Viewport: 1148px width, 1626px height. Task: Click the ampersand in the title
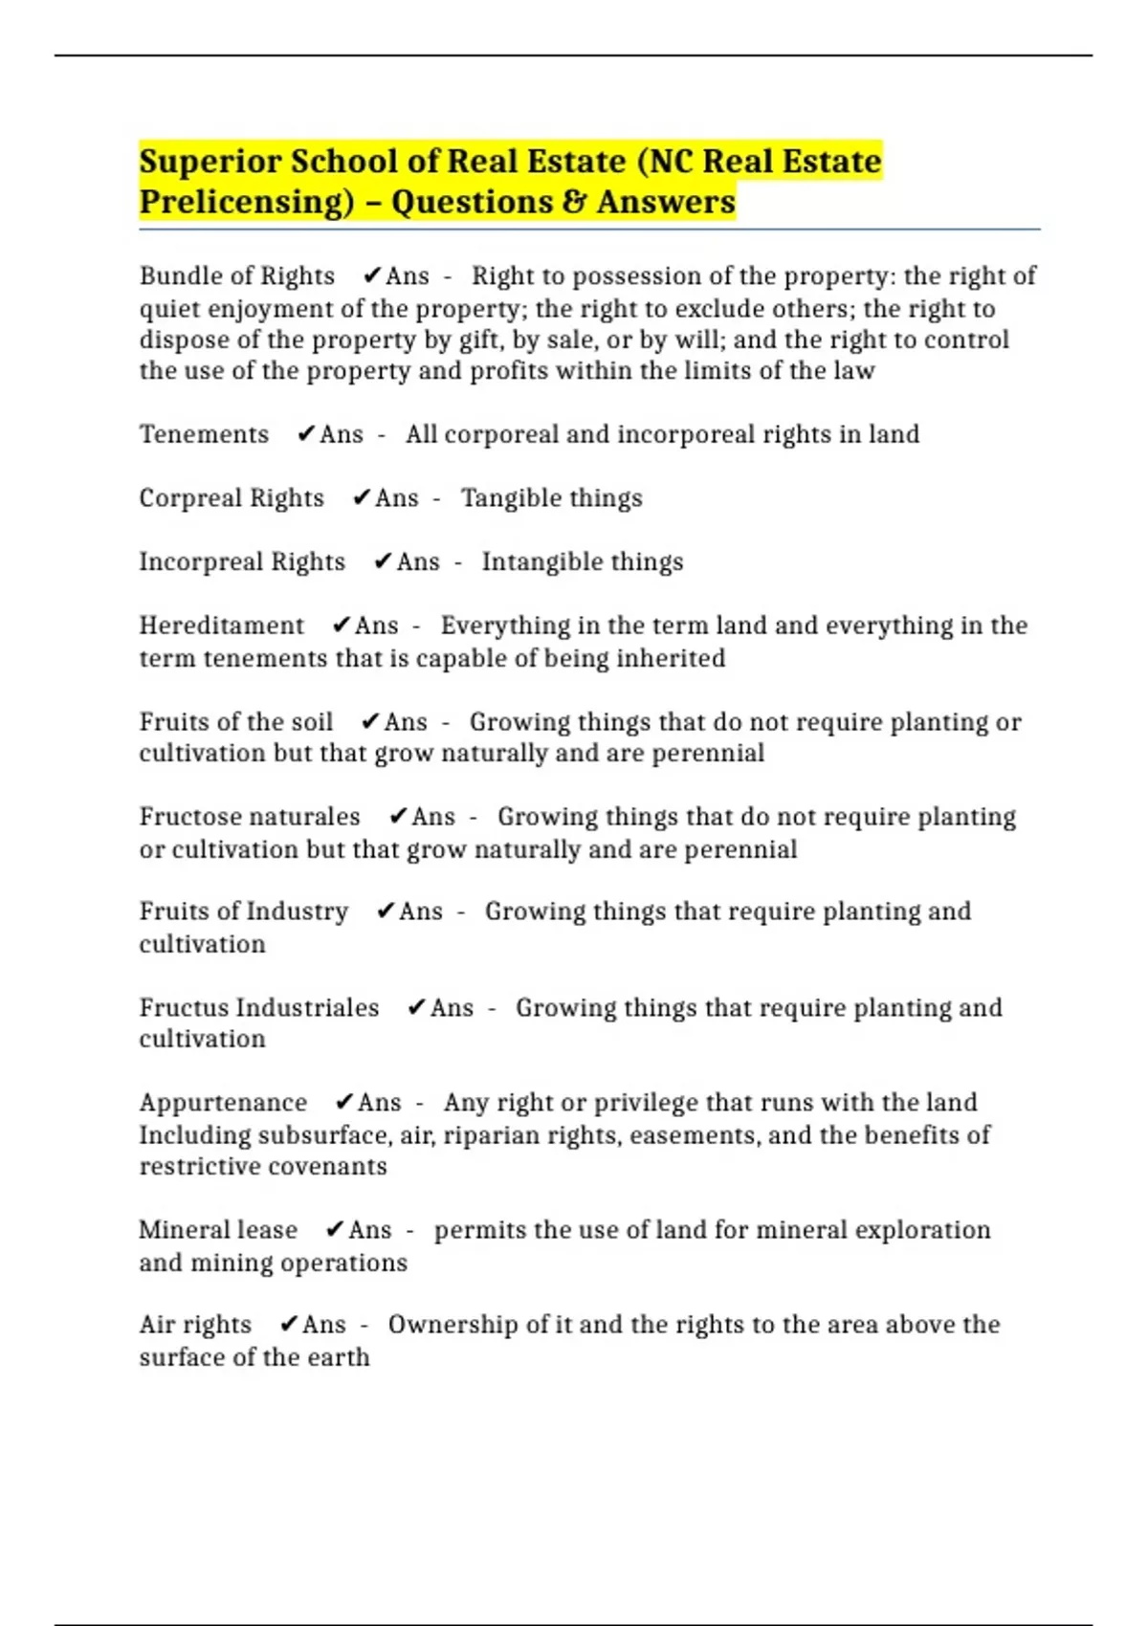(x=573, y=202)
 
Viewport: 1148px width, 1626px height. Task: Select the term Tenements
(x=204, y=434)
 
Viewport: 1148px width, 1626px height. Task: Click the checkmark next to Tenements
(x=305, y=434)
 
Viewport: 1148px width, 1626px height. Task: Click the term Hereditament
(x=221, y=626)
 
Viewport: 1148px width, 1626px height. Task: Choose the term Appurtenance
(x=223, y=1103)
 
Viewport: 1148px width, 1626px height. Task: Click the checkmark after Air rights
(x=289, y=1325)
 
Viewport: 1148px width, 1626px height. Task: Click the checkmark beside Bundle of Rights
(x=372, y=276)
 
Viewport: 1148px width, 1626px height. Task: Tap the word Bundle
(x=173, y=276)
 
